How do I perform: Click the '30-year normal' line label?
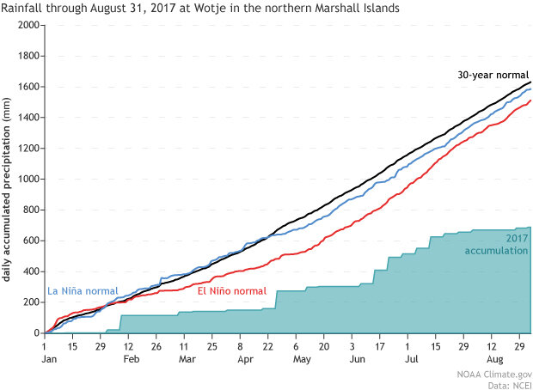pyautogui.click(x=493, y=75)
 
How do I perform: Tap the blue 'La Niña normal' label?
pyautogui.click(x=82, y=290)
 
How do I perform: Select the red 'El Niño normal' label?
pyautogui.click(x=231, y=291)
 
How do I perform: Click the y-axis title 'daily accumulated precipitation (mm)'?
pyautogui.click(x=7, y=180)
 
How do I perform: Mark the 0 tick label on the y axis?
pyautogui.click(x=37, y=333)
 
